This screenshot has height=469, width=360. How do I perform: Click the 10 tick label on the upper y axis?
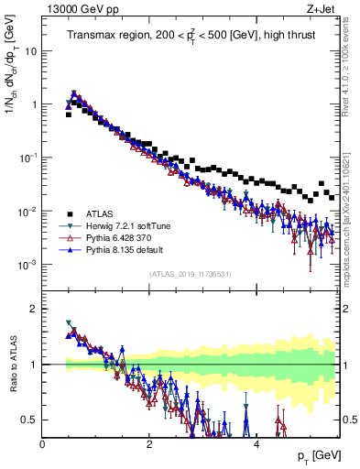point(30,51)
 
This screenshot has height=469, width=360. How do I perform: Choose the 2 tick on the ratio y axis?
point(33,309)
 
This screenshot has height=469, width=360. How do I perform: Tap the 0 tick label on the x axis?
point(42,444)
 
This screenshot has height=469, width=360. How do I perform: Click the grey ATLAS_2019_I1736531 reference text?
point(190,273)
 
